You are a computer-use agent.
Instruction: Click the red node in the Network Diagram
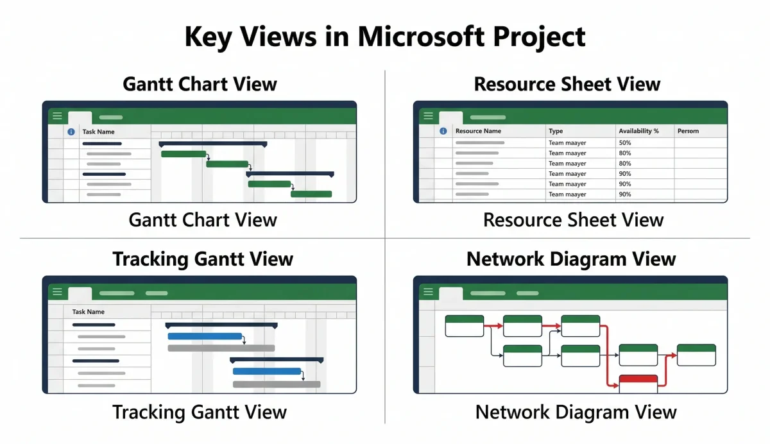point(638,383)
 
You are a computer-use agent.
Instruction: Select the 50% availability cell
point(625,142)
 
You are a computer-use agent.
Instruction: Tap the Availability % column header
point(638,131)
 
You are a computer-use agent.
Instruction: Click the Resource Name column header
point(478,131)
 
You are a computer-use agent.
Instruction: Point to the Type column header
point(556,131)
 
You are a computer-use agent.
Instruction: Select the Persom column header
point(688,131)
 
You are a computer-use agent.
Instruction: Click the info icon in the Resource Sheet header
point(443,131)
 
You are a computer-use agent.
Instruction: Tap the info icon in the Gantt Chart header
point(71,132)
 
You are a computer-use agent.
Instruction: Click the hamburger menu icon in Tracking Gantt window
point(57,292)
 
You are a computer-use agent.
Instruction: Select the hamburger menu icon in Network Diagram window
point(428,292)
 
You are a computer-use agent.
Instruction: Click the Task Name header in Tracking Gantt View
point(89,312)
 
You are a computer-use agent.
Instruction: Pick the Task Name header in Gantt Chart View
point(98,132)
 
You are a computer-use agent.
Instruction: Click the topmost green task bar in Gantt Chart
point(184,154)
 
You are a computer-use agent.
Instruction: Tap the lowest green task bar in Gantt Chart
point(311,194)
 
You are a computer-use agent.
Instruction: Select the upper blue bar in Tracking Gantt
point(205,336)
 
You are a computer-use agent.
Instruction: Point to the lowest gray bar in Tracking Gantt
point(276,384)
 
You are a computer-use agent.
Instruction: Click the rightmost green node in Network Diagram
point(696,355)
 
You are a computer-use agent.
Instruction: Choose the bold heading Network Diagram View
point(571,259)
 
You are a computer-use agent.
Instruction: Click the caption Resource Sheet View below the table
point(573,220)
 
